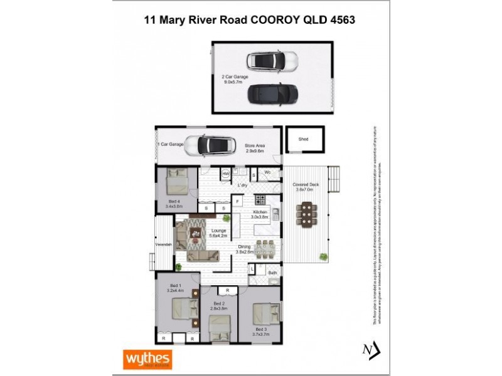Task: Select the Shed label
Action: tap(303, 139)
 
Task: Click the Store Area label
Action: tap(254, 147)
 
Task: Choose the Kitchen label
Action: tap(260, 213)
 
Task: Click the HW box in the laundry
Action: tap(225, 174)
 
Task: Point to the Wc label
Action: tap(267, 172)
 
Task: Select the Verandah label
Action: tap(164, 244)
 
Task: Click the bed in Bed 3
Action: tap(266, 313)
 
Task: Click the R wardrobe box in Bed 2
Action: tap(227, 291)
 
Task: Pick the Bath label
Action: tap(272, 273)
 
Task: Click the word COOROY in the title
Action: tap(275, 19)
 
